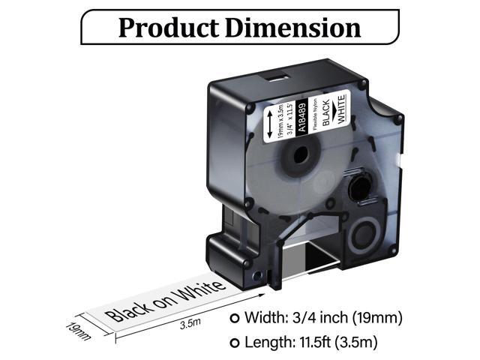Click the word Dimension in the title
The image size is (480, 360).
(295, 28)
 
